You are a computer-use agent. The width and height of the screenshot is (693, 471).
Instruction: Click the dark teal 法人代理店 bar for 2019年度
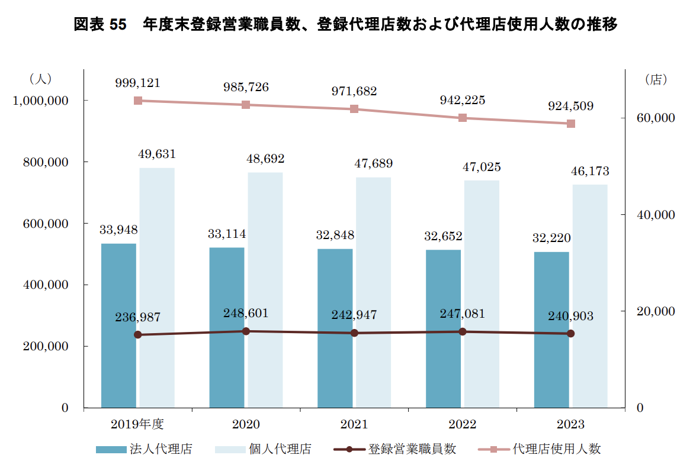118,325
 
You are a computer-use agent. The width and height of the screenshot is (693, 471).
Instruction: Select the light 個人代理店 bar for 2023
590,296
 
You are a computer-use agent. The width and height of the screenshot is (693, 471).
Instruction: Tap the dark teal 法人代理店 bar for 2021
335,328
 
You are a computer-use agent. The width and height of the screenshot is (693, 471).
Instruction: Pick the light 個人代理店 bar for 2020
265,290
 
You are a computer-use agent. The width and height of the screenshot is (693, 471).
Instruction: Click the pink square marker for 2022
463,118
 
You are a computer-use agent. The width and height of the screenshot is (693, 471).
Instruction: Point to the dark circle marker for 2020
246,331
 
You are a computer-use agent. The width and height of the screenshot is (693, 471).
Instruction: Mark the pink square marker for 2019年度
138,101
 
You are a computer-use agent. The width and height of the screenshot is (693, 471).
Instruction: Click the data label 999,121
137,83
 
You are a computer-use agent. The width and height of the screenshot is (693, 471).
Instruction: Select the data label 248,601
246,313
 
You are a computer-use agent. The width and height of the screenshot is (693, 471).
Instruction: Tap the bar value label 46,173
589,172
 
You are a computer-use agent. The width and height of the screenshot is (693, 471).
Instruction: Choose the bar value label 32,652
443,237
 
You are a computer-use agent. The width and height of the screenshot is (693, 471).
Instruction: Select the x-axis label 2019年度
137,424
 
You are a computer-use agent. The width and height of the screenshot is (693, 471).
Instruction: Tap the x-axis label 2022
463,424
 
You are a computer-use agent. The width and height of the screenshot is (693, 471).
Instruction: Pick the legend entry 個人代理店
280,449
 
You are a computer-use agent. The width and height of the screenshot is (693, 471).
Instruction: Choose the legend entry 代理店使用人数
556,449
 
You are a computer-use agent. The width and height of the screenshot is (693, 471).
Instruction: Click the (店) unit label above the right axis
656,80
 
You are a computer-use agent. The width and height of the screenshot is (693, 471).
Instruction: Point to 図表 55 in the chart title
101,24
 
